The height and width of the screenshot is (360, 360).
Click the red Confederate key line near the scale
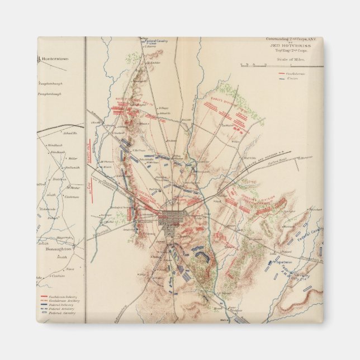284,73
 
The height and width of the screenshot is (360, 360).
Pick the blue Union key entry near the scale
284,77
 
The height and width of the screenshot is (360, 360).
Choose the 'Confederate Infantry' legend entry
59,296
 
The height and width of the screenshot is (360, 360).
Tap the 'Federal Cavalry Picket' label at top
154,42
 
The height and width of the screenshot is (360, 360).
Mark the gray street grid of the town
169,219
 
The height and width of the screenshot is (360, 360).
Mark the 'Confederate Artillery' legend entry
59,300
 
